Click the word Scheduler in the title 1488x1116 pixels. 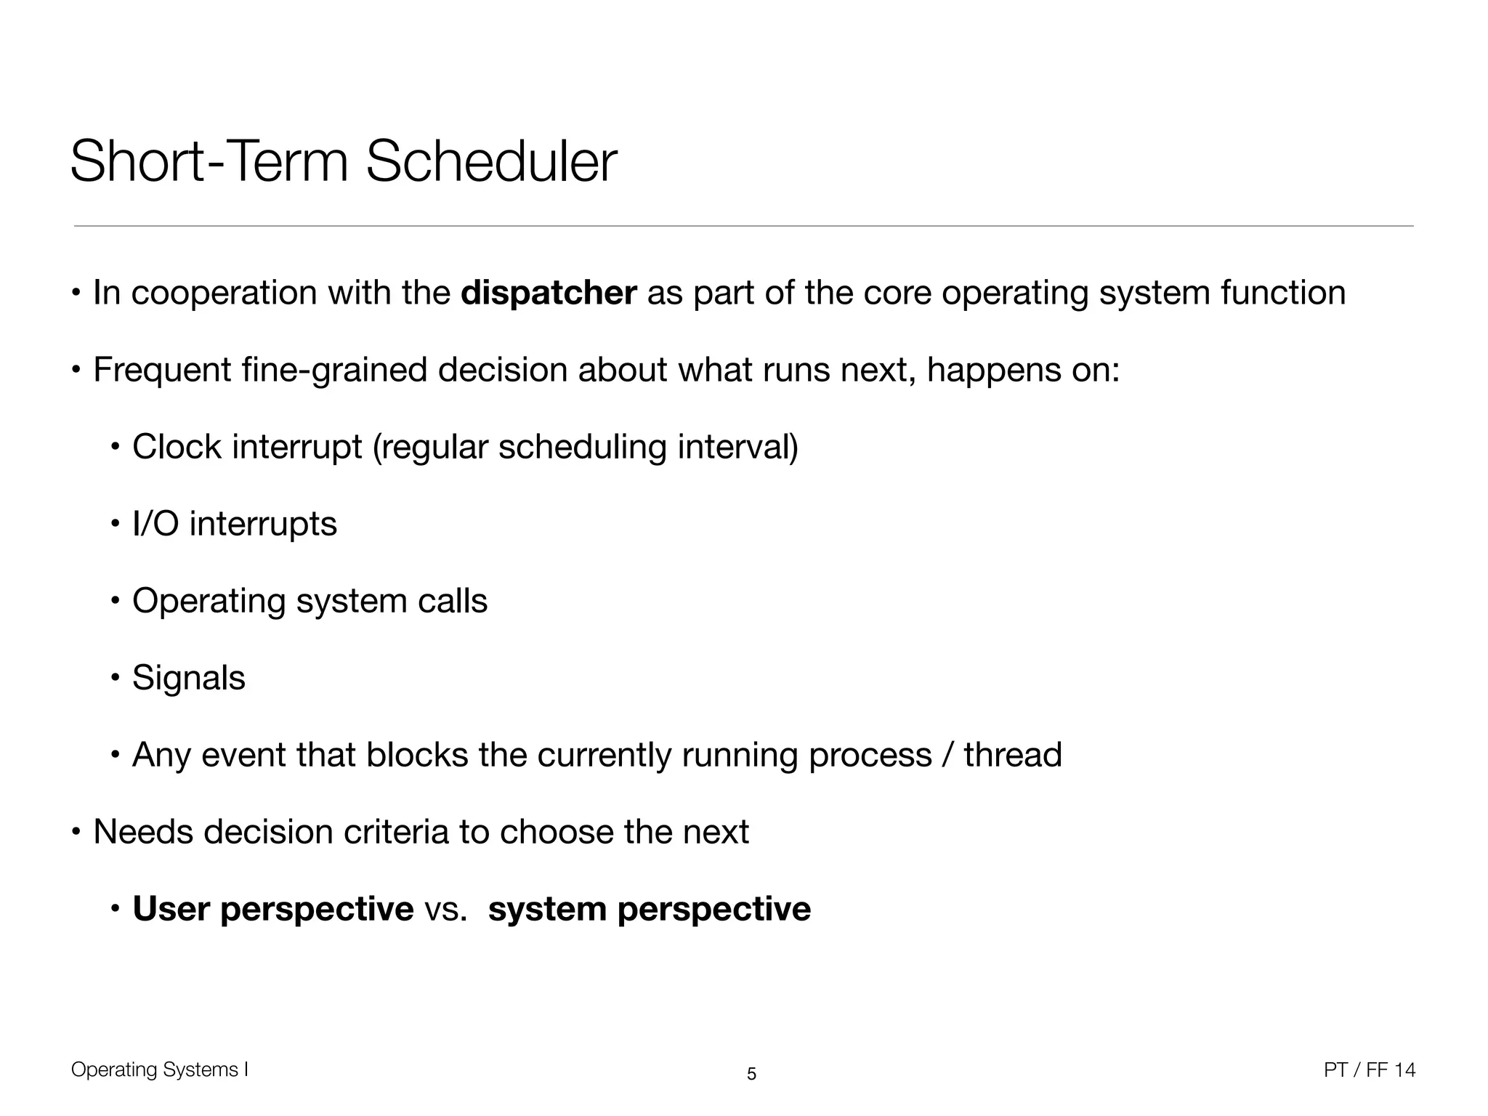click(x=491, y=162)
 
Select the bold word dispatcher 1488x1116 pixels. click(x=549, y=293)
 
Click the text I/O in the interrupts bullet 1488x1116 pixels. click(x=155, y=524)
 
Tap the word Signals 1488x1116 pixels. click(x=189, y=678)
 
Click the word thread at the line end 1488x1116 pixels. click(x=1013, y=755)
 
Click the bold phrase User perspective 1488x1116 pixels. click(x=272, y=909)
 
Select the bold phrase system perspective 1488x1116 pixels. click(x=649, y=909)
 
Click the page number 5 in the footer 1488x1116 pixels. click(x=751, y=1074)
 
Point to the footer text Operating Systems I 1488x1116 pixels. click(x=160, y=1069)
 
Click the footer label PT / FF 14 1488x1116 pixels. click(x=1370, y=1069)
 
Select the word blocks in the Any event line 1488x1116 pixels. click(x=417, y=755)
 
